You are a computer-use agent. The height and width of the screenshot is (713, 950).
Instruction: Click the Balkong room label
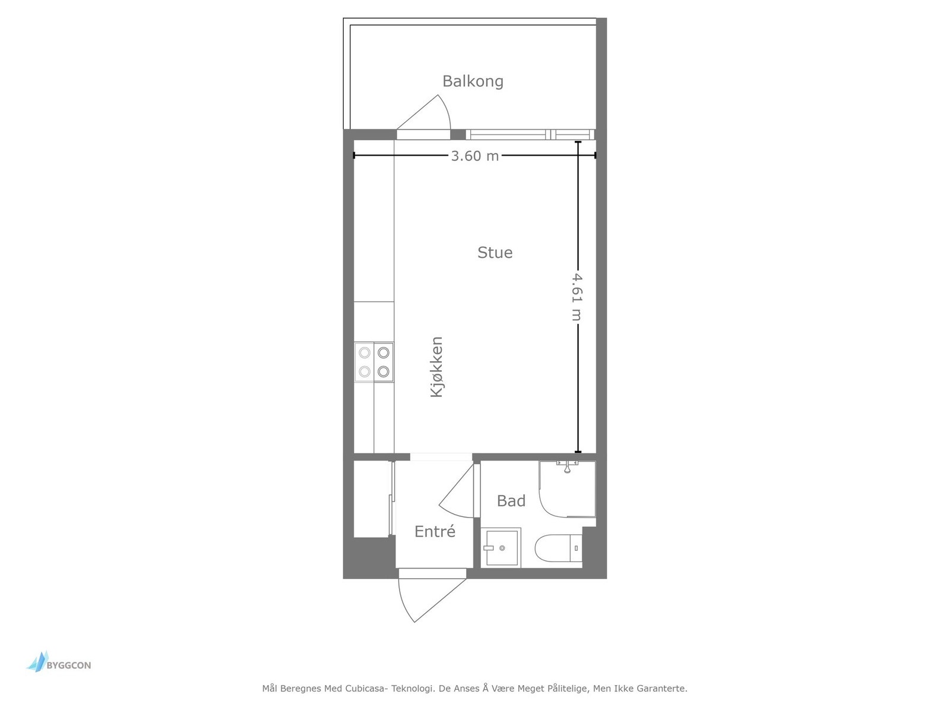pyautogui.click(x=473, y=81)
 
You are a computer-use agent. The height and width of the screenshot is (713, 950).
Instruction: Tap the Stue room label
pyautogui.click(x=495, y=253)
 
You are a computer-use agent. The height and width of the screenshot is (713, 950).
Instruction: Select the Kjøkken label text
pyautogui.click(x=437, y=367)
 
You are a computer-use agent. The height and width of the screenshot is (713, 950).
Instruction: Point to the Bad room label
pyautogui.click(x=511, y=501)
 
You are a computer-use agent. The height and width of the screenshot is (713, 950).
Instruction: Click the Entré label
pyautogui.click(x=435, y=532)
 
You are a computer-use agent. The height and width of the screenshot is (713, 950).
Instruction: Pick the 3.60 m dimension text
pyautogui.click(x=475, y=156)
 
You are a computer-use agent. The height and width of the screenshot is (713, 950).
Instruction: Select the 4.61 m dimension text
pyautogui.click(x=576, y=296)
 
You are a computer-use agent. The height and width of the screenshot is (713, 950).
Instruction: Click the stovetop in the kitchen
pyautogui.click(x=374, y=362)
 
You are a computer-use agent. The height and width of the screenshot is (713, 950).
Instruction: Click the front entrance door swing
pyautogui.click(x=427, y=597)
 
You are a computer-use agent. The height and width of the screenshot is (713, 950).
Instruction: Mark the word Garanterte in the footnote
pyautogui.click(x=661, y=689)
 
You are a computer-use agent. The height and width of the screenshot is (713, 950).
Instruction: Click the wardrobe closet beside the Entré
pyautogui.click(x=372, y=499)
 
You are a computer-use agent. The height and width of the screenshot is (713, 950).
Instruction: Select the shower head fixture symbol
pyautogui.click(x=568, y=467)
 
